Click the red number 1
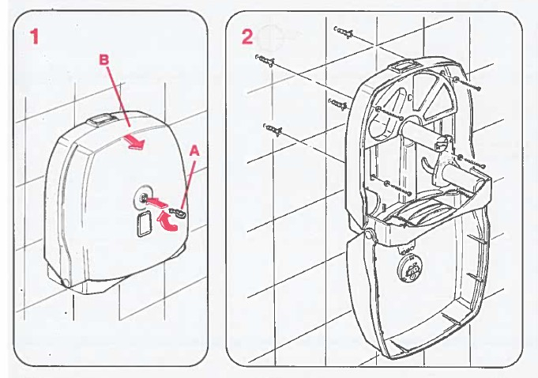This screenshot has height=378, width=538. click(34, 36)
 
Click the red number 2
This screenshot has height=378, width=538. click(247, 36)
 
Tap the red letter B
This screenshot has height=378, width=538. click(104, 60)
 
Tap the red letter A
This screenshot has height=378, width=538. click(194, 151)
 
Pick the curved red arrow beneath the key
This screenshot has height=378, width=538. click(167, 221)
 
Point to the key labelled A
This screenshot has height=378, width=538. click(177, 213)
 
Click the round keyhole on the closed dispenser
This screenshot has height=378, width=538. click(143, 197)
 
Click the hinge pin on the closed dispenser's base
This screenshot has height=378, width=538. click(66, 282)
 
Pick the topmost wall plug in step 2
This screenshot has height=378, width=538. click(344, 32)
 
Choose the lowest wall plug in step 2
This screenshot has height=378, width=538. click(273, 129)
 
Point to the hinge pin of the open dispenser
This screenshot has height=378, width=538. click(368, 235)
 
